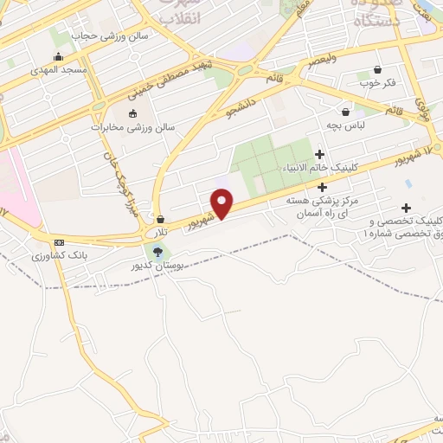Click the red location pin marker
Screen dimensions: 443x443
point(223,204)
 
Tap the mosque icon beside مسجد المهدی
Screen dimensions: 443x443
point(58,57)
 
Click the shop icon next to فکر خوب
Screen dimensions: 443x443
point(377,70)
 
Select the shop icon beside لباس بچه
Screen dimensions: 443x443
point(346,112)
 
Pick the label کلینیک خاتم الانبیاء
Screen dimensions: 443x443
point(319,169)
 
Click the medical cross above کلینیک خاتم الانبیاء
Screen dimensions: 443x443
point(319,154)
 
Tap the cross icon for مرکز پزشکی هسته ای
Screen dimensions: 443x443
point(323,187)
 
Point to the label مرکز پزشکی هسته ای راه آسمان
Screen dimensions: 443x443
point(323,206)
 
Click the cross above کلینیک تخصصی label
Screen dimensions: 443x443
point(406,208)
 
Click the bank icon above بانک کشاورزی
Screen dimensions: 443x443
point(59,243)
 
